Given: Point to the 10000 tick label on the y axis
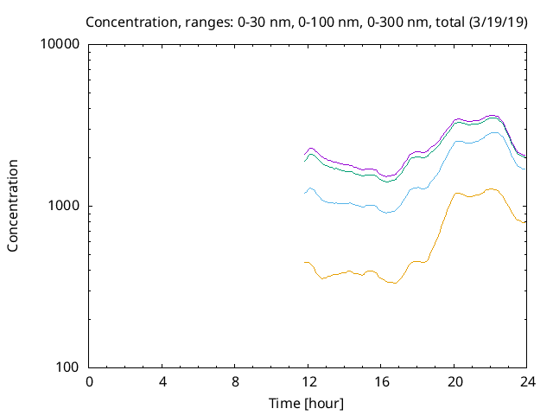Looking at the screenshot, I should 60,44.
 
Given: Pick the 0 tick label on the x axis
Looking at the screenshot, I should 89,382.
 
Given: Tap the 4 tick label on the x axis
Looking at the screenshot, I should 162,382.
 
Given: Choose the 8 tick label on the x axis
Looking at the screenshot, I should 235,382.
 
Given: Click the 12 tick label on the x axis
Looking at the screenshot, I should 308,382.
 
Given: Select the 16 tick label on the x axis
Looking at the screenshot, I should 381,382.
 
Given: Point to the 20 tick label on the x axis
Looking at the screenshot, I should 454,382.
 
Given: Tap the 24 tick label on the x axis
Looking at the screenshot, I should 527,382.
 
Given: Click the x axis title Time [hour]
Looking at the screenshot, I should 308,403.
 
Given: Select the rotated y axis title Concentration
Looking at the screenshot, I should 13,206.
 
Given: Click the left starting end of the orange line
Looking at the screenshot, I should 305,262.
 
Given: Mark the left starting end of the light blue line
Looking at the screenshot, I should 305,193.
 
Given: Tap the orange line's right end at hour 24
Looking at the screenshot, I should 526,222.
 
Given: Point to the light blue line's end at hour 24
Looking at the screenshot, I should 526,169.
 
